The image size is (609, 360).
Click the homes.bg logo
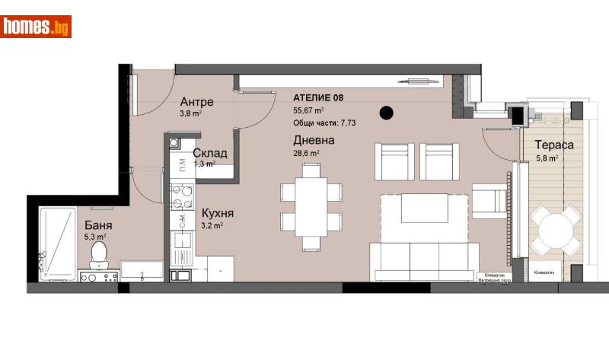point(37,27)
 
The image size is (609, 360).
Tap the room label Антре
point(196,102)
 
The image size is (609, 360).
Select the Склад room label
point(209,153)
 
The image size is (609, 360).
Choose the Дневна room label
point(314,140)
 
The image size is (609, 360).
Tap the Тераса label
point(553,145)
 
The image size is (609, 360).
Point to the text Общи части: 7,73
point(325,122)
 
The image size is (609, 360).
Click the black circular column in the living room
point(387,113)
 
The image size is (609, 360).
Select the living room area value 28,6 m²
point(306,153)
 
